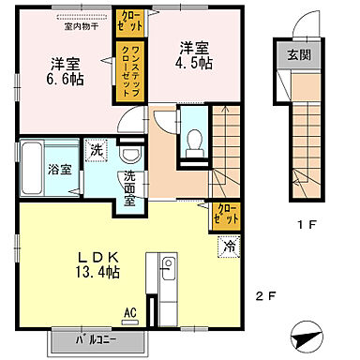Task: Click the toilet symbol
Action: (194, 139)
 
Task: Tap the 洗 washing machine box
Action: (97, 151)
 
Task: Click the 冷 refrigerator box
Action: (230, 246)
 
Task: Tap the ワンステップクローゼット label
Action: (128, 67)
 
